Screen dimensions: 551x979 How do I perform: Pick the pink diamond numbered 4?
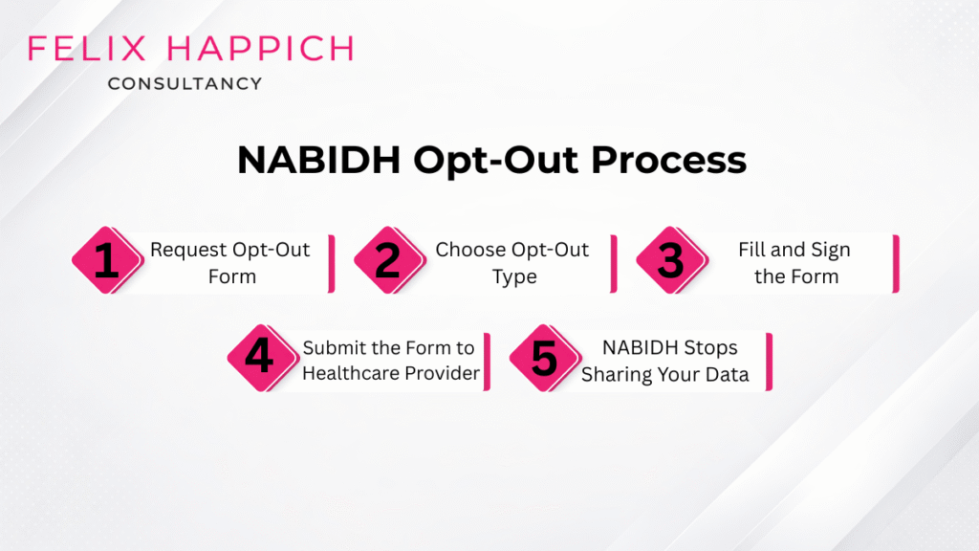point(258,359)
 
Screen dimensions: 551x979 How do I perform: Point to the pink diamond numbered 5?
point(543,359)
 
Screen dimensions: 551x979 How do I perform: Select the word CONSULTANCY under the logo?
point(185,84)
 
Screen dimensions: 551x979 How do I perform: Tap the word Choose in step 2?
point(470,250)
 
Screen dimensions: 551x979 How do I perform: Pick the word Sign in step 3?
point(830,250)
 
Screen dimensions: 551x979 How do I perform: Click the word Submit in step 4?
point(333,347)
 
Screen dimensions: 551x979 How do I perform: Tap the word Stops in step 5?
point(706,347)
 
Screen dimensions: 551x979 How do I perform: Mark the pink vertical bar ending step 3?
point(896,262)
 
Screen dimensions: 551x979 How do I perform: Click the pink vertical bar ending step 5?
point(769,361)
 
